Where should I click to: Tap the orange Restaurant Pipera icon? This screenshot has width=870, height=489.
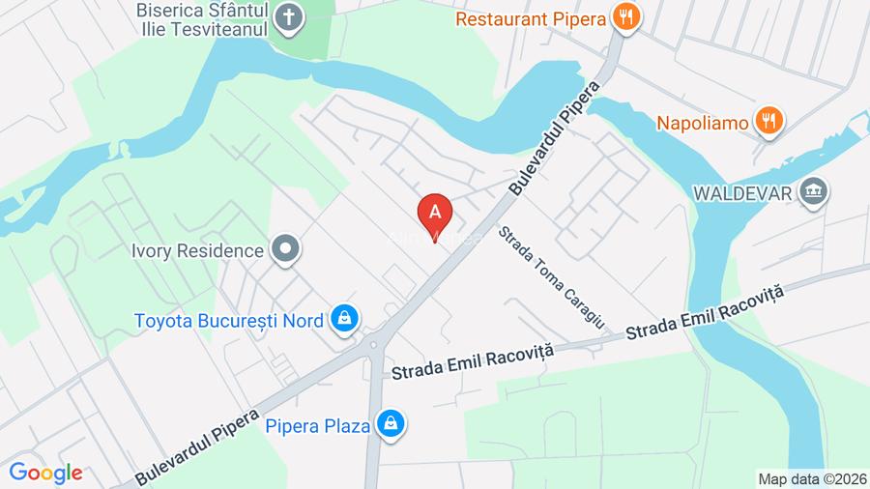[626, 17]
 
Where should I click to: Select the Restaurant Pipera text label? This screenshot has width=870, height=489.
[531, 17]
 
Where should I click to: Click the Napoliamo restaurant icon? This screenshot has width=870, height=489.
[770, 120]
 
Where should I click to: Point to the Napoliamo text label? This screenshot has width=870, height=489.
[704, 123]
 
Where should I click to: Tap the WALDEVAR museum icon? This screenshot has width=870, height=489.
[814, 190]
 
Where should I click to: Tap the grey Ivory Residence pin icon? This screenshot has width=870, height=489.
[286, 249]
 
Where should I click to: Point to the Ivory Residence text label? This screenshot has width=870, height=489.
[197, 251]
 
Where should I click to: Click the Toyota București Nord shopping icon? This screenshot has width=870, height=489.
[343, 317]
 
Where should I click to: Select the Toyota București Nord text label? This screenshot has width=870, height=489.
[228, 320]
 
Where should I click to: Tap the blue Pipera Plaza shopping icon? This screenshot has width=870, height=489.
[391, 423]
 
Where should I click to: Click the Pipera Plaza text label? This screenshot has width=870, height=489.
[318, 425]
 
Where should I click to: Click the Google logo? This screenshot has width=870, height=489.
[46, 473]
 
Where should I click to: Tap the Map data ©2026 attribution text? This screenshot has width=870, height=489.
[810, 478]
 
